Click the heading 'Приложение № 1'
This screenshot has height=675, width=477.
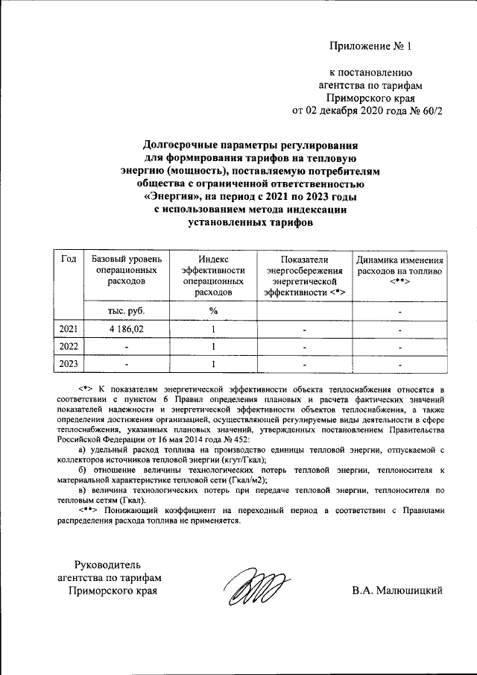pos(370,46)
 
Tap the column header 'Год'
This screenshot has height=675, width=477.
pos(69,259)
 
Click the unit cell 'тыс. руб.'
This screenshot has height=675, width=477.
pos(126,310)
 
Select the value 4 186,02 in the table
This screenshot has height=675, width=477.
pos(125,329)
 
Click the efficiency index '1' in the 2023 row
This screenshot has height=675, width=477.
pos(213,364)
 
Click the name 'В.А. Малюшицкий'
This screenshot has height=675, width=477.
pos(398,591)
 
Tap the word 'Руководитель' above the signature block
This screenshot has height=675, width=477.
pos(110,564)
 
